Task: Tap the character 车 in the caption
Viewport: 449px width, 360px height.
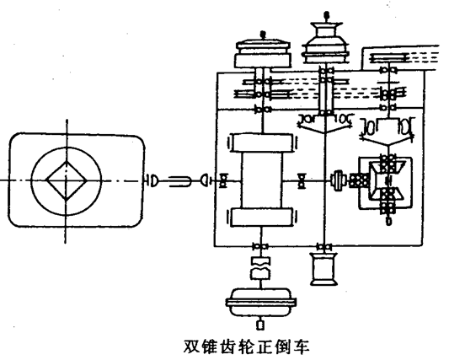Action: tap(302, 347)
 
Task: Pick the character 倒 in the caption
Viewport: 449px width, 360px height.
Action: tap(283, 347)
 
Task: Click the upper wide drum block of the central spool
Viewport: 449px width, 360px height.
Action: tap(262, 142)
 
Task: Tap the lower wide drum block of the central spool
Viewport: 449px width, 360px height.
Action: tap(262, 217)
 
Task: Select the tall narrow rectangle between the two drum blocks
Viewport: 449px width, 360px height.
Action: tap(262, 180)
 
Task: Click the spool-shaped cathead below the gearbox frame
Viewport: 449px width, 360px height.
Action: tap(323, 269)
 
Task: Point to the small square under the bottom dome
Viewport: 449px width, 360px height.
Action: tap(260, 325)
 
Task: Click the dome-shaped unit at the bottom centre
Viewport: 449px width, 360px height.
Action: tap(260, 303)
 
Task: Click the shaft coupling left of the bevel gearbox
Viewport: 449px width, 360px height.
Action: tap(337, 180)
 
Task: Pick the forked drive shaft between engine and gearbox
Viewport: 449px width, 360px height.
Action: tap(179, 181)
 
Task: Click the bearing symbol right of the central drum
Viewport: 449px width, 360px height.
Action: tap(301, 181)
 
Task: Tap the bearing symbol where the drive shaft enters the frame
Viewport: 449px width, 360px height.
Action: tap(223, 181)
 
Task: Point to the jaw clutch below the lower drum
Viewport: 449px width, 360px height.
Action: tap(260, 268)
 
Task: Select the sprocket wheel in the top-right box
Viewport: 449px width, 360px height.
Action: tap(388, 57)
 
